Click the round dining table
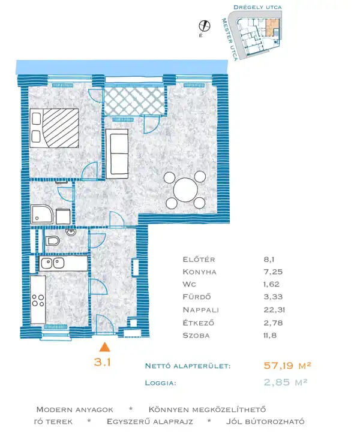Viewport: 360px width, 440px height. [185, 190]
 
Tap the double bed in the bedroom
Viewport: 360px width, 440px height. [54, 128]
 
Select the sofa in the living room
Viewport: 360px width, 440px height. [117, 154]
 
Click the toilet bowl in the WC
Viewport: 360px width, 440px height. [53, 241]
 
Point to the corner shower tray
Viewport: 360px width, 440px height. [42, 215]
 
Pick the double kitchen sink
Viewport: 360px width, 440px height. [53, 263]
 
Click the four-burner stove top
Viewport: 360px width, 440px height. [38, 300]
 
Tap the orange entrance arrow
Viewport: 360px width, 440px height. [104, 347]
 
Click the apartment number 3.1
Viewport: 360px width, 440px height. [102, 362]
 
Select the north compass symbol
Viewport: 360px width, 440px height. [205, 26]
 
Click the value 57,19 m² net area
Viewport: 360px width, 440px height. [287, 366]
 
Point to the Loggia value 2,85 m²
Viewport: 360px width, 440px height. [286, 382]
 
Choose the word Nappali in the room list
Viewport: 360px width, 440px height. [200, 310]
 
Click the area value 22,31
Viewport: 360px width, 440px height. [274, 310]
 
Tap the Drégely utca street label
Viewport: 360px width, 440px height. [257, 7]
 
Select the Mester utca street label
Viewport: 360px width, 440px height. [230, 39]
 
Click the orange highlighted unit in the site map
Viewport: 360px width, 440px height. [272, 27]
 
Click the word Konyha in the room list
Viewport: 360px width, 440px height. [199, 272]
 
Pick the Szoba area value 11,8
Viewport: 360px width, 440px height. [270, 335]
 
